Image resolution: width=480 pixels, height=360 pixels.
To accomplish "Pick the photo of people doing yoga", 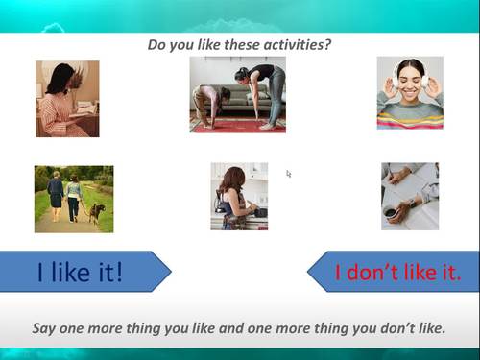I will click(x=237, y=94).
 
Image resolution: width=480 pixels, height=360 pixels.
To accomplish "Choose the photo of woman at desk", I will click(x=67, y=99).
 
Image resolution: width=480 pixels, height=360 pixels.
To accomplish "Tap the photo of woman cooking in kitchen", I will click(x=239, y=196).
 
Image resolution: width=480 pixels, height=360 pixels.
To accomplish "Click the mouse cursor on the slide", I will click(x=288, y=174).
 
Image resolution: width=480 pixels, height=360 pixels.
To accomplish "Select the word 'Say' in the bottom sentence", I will click(x=45, y=327).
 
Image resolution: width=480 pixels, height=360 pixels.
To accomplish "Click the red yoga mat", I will click(x=240, y=126).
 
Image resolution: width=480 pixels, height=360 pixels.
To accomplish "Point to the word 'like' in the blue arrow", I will click(x=80, y=272).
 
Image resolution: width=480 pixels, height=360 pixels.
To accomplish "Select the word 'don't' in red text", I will click(x=381, y=272).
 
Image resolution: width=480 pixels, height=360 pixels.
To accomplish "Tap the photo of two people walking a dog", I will click(x=74, y=199).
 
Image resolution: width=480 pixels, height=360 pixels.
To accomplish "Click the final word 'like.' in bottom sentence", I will click(x=428, y=327).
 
